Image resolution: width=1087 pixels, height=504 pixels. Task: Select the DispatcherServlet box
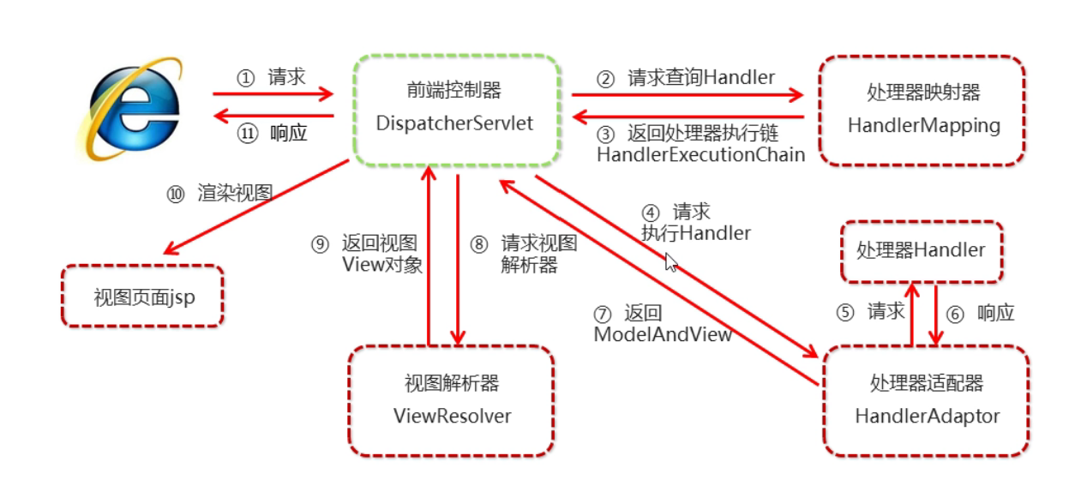pyautogui.click(x=454, y=109)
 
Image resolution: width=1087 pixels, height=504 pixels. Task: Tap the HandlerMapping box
pyautogui.click(x=922, y=111)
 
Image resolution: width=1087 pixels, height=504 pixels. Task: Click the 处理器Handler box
pyautogui.click(x=921, y=250)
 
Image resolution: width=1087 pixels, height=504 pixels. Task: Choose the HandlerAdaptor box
pyautogui.click(x=926, y=400)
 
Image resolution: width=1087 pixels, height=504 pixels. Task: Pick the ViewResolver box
pyautogui.click(x=451, y=400)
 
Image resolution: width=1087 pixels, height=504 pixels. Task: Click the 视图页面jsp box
pyautogui.click(x=143, y=297)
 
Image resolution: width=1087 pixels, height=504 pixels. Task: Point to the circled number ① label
pyautogui.click(x=246, y=78)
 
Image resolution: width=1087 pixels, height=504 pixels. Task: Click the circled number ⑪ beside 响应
pyautogui.click(x=248, y=134)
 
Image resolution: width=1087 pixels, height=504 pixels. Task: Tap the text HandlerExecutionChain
pyautogui.click(x=700, y=154)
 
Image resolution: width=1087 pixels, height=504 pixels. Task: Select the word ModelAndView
pyautogui.click(x=663, y=334)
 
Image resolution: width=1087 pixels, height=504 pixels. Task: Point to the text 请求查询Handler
pyautogui.click(x=701, y=78)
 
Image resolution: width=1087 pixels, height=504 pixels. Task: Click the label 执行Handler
pyautogui.click(x=696, y=232)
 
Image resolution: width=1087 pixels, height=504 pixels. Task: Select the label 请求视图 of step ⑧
pyautogui.click(x=538, y=243)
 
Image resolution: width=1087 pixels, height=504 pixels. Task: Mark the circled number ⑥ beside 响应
pyautogui.click(x=955, y=314)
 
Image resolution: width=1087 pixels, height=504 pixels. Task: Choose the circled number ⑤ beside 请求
pyautogui.click(x=846, y=312)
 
